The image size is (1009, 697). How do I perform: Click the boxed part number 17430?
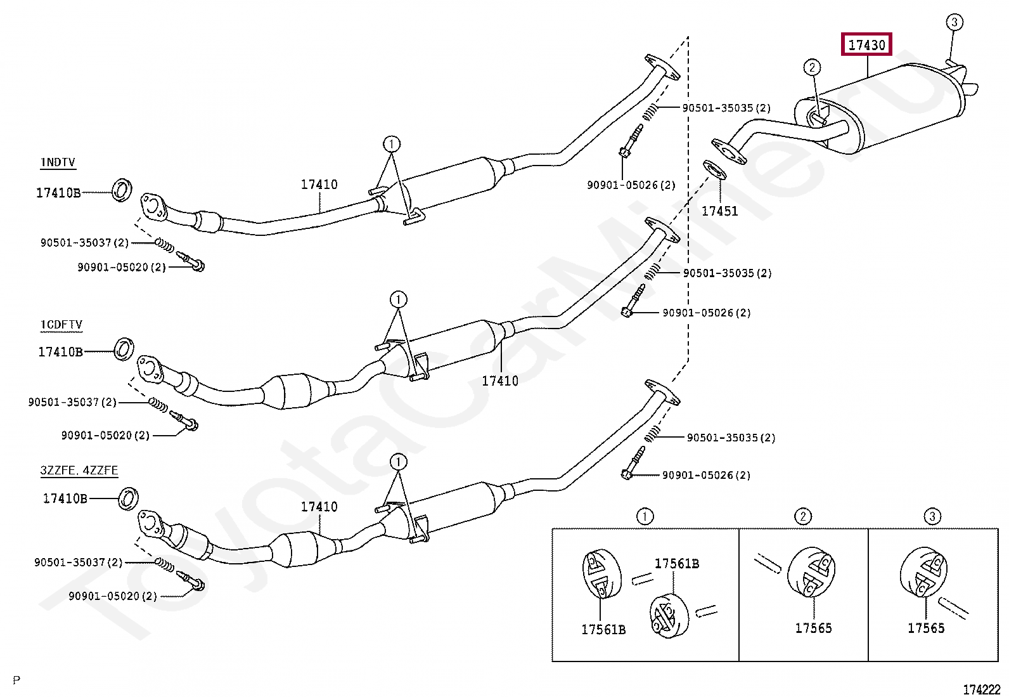pos(866,45)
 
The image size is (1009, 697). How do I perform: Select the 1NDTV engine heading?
pos(58,162)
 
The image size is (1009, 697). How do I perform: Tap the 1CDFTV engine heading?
pos(61,325)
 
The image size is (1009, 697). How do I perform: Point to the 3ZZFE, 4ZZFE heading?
pos(79,471)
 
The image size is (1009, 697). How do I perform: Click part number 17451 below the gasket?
pos(719,211)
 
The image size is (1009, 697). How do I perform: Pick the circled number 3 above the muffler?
pos(954,22)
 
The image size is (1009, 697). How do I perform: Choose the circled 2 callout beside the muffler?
pos(812,67)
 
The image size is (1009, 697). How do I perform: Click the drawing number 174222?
pos(982,689)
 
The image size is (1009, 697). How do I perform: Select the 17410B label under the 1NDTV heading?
pos(58,193)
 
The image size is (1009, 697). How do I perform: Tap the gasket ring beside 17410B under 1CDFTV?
pos(124,349)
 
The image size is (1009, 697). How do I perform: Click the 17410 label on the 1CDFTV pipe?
pos(500,381)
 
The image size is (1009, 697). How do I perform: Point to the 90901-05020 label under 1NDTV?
pos(121,268)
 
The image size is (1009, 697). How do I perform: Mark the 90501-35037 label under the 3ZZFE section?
pos(78,563)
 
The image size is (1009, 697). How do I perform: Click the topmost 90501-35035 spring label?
pos(726,108)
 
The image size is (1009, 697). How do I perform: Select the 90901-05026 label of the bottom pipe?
pos(706,475)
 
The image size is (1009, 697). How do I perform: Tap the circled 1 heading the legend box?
pos(645,516)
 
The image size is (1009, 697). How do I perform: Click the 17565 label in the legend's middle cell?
pos(813,628)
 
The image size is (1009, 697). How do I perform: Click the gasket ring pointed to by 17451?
pos(714,170)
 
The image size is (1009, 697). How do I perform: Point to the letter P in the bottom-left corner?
pos(16,681)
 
